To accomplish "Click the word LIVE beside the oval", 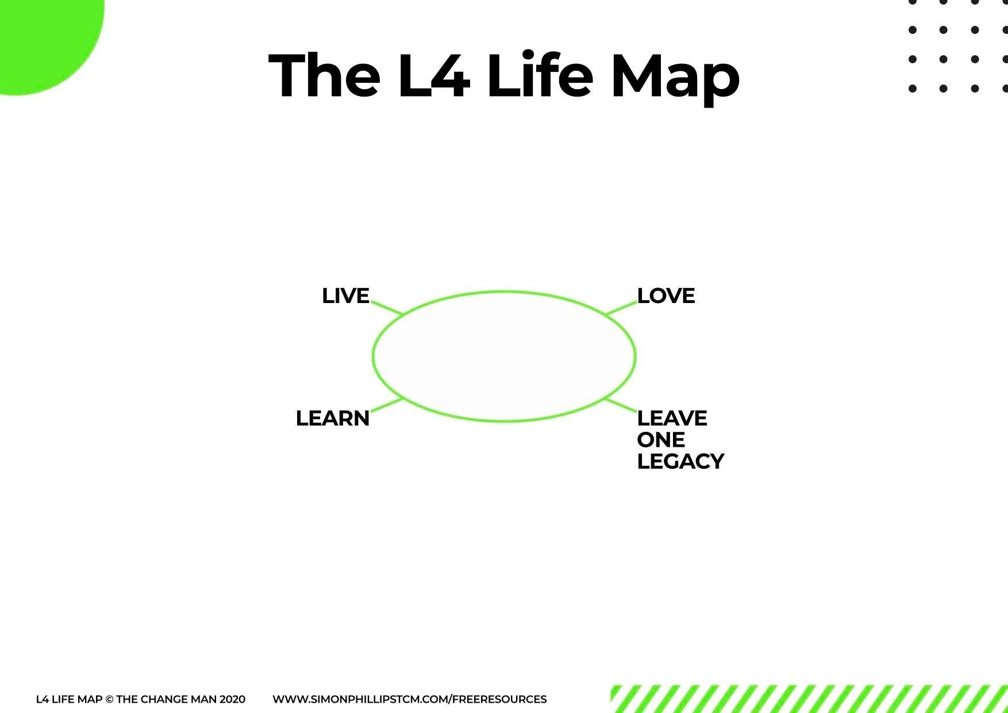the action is pos(345,296).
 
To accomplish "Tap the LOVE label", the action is pos(666,296).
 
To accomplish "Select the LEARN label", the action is pos(333,419).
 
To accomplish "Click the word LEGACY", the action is pos(680,462).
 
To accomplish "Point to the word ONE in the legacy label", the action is pos(661,440).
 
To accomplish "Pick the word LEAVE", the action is pos(672,418).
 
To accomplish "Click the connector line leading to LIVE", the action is pos(387,307).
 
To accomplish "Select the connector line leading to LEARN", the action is pos(387,405).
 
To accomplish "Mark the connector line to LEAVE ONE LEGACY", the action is pos(621,405).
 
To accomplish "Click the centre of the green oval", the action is pos(504,356).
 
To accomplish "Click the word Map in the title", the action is pos(675,77).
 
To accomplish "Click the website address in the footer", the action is pos(409,699).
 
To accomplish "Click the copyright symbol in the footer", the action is pos(109,700).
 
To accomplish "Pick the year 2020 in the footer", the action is pos(232,700).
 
